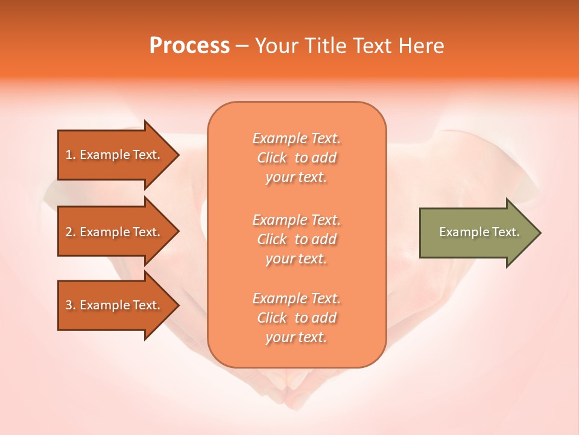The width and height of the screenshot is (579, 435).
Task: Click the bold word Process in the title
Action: pos(189,46)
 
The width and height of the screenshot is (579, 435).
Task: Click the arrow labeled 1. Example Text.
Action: pos(115,155)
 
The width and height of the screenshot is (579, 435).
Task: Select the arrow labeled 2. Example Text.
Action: pos(115,232)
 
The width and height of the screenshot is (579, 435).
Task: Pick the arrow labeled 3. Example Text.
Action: pos(115,305)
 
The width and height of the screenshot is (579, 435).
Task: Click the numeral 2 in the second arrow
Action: pos(69,232)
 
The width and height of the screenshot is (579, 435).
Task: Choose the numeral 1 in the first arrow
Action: pos(69,155)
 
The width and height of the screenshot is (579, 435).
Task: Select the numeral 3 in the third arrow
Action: pos(69,305)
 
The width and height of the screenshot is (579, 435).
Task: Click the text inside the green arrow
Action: pos(479,232)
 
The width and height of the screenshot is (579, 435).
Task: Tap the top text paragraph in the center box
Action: pos(296,158)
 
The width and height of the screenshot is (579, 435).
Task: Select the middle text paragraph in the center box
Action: pos(296,239)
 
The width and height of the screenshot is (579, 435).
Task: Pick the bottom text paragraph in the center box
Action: pos(296,318)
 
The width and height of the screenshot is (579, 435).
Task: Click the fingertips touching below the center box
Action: pos(296,384)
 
